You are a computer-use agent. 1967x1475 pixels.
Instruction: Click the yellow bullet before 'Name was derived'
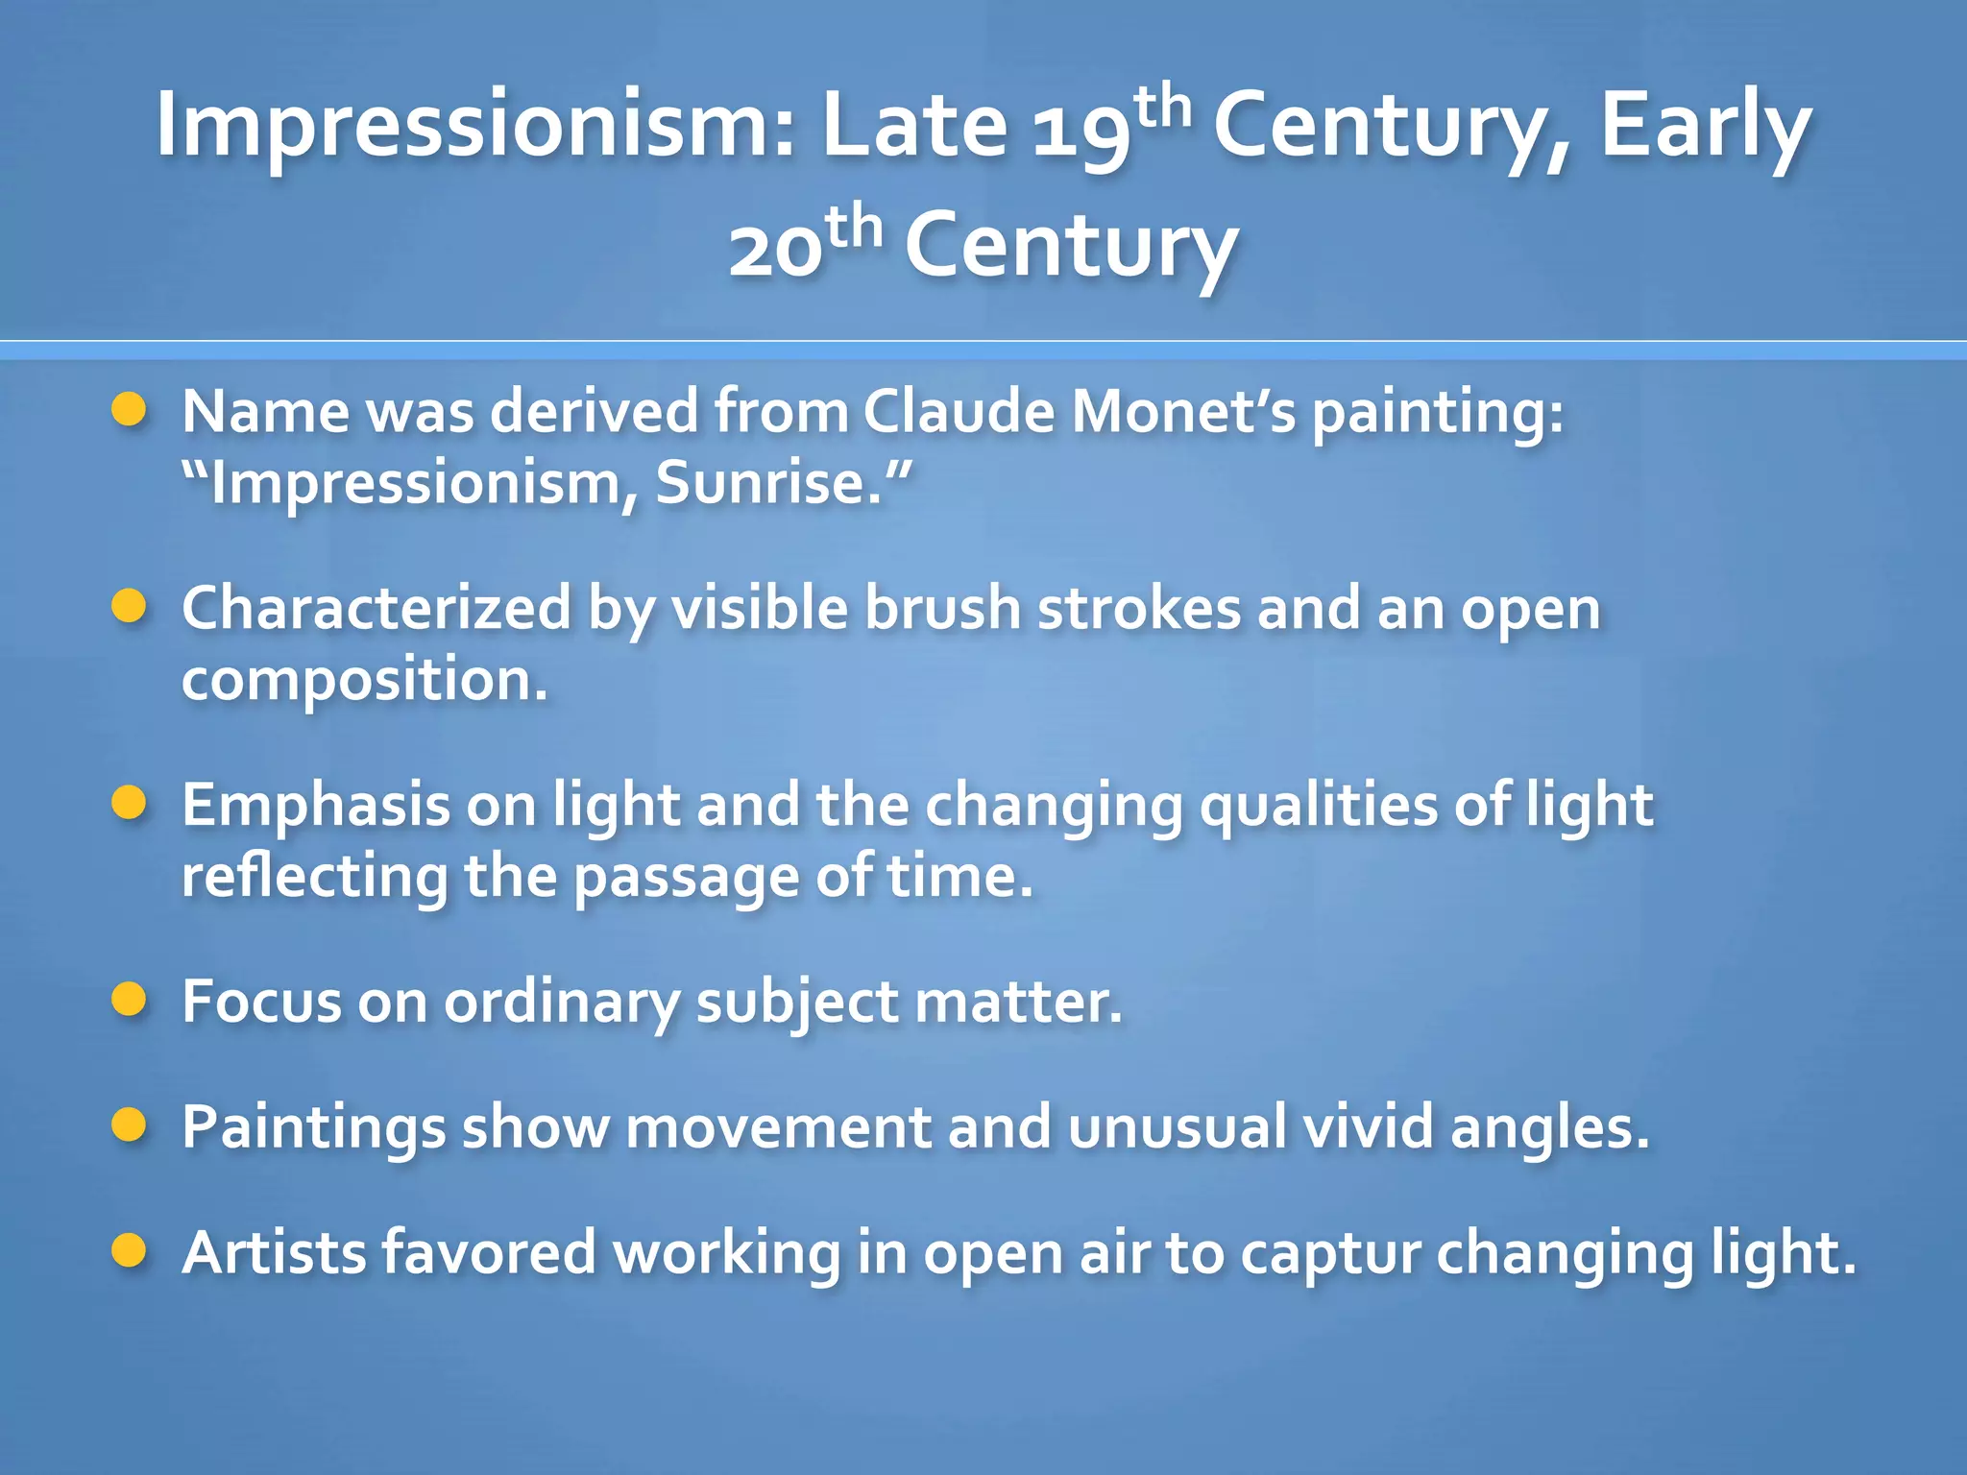click(x=128, y=410)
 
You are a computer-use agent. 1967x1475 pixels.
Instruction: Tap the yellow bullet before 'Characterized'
click(x=128, y=607)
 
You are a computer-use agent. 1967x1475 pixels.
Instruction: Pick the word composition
click(x=363, y=682)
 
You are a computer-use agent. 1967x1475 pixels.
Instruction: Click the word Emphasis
click(x=316, y=806)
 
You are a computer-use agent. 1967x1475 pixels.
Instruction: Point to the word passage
click(x=685, y=878)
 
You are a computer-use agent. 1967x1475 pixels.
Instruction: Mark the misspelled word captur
click(x=1329, y=1254)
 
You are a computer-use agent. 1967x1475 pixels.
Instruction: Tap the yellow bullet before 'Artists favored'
click(x=128, y=1251)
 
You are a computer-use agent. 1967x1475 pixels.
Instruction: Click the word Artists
click(x=273, y=1253)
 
